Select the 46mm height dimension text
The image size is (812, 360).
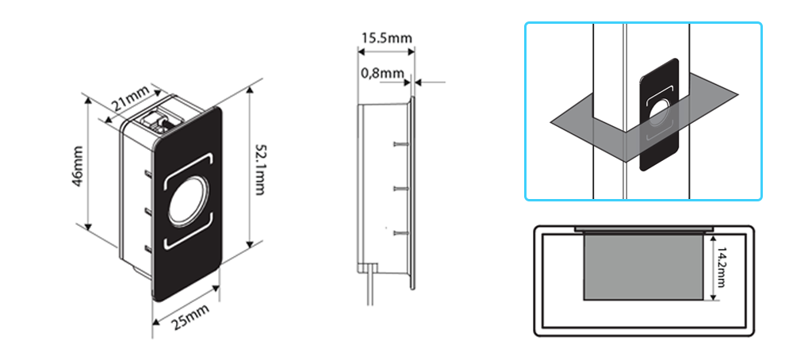point(76,163)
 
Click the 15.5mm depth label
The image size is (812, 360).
point(386,37)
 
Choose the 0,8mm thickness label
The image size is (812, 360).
point(381,73)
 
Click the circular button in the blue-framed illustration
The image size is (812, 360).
point(659,113)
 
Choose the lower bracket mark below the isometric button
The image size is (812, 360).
point(187,239)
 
